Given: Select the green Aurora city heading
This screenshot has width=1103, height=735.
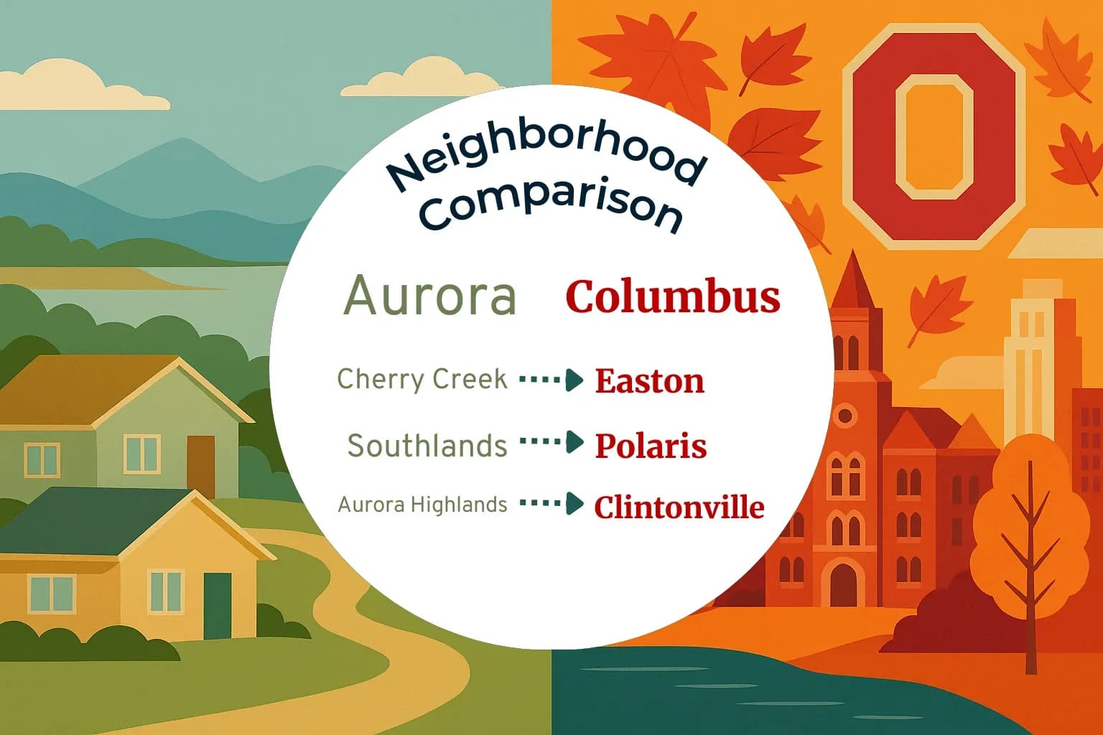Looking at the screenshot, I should click(430, 296).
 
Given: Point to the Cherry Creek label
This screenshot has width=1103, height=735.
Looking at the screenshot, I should click(422, 379).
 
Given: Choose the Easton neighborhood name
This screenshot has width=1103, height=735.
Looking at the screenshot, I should click(649, 381).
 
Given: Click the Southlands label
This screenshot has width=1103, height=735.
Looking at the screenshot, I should click(427, 446).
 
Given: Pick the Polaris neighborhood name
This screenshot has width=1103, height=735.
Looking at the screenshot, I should click(651, 446).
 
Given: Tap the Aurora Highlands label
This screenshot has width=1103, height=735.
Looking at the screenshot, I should click(422, 505).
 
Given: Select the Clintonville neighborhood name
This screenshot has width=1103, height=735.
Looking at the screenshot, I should click(679, 507).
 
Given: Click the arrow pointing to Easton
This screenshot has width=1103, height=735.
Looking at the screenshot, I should click(551, 380).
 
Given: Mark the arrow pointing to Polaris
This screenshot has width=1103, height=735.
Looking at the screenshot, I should click(551, 442).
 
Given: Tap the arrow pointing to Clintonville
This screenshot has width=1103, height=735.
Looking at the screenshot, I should click(551, 503).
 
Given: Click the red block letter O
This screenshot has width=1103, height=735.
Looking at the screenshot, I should click(934, 136).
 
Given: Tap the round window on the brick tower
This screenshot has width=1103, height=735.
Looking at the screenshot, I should click(845, 416).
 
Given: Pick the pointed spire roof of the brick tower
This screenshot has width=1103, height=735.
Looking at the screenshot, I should click(853, 284).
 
